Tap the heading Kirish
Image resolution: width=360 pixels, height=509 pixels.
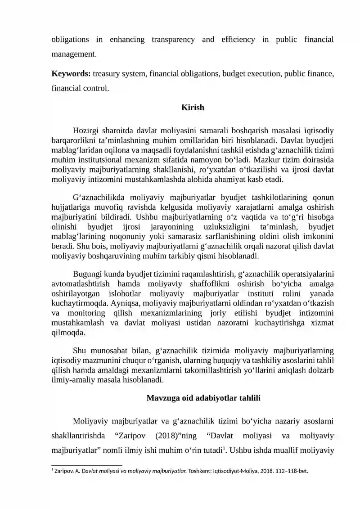coord(193,108)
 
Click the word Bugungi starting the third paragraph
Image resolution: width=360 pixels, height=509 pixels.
coord(87,275)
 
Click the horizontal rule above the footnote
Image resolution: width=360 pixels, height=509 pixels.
coord(87,464)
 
